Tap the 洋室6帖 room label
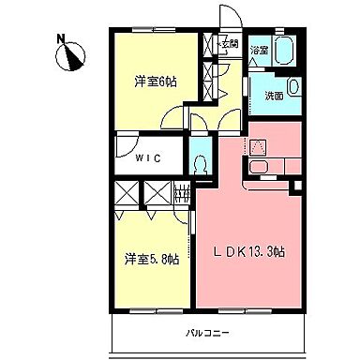155,82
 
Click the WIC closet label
149,157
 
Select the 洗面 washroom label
273,96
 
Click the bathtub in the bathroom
285,51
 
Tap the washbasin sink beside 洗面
294,88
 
